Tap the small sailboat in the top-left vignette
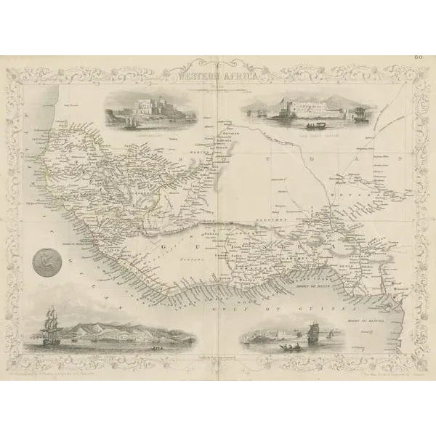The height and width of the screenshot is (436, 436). click(x=130, y=122)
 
